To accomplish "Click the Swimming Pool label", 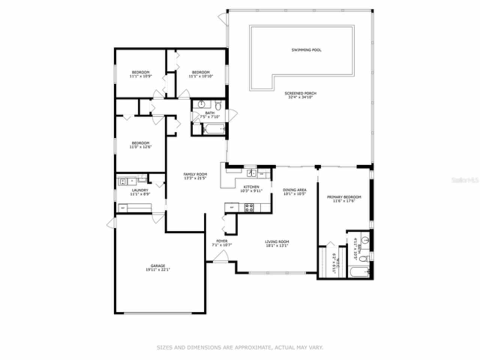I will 306,50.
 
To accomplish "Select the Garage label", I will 158,266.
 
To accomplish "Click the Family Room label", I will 195,174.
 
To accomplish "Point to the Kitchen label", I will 251,187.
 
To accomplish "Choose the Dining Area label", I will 295,190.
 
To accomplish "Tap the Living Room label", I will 277,242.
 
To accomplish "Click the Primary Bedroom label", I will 344,197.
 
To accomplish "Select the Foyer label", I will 222,241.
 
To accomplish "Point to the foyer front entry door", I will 221,258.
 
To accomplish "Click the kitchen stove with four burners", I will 249,207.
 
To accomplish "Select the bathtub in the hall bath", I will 214,130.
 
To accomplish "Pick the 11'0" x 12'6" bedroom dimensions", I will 140,147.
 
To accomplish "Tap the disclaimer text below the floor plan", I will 240,348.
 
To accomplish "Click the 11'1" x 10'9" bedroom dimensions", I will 140,76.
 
